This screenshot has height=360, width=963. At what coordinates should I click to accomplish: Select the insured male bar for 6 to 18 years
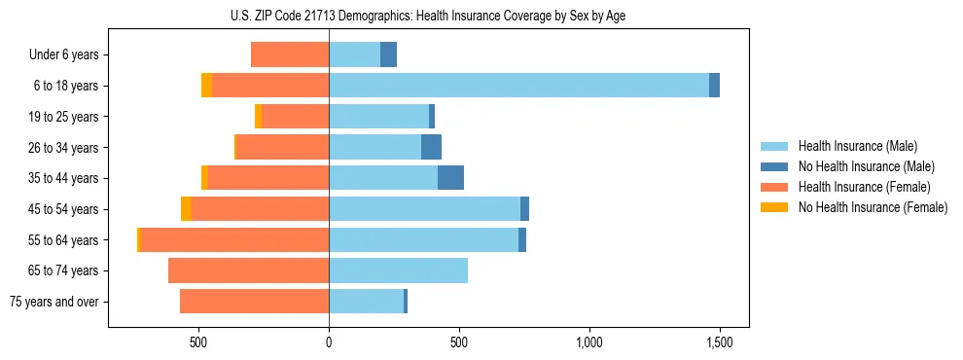[518, 86]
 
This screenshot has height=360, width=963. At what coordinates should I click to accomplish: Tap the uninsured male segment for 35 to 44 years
[450, 178]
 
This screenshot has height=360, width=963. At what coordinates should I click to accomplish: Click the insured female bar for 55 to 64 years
[234, 239]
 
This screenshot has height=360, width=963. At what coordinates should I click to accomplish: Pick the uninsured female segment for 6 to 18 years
[206, 86]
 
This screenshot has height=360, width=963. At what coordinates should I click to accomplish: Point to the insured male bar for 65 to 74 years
[398, 270]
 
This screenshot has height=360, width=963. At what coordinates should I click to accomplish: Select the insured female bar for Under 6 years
[290, 54]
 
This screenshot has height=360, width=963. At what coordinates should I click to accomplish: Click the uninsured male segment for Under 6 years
[388, 54]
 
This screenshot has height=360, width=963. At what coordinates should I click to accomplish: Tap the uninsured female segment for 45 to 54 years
[186, 209]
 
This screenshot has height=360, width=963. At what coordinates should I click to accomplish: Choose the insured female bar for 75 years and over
[254, 302]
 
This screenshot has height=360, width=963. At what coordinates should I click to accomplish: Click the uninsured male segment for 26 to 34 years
[431, 147]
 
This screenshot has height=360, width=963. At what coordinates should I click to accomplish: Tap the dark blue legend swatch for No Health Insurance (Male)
[774, 166]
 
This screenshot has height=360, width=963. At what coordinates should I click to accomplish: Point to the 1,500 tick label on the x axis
[720, 342]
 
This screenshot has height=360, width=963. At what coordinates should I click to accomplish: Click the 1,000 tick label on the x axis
[589, 342]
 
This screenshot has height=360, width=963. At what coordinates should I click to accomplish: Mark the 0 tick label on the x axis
[329, 342]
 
